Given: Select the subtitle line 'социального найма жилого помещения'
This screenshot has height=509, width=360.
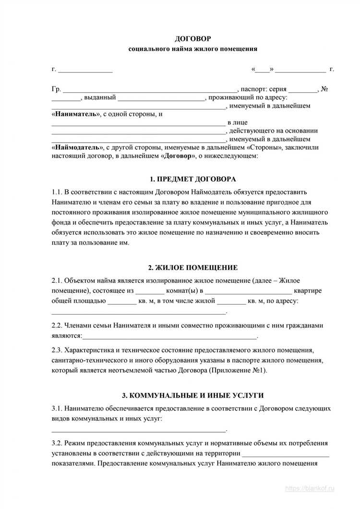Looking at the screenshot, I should click(x=192, y=48).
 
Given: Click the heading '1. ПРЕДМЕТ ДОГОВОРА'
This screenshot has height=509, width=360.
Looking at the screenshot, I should click(x=192, y=179).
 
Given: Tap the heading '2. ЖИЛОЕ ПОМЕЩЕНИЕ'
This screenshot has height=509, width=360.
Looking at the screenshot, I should click(x=192, y=267).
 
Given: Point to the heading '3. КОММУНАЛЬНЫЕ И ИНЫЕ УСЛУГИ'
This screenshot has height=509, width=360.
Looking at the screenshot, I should click(x=192, y=395).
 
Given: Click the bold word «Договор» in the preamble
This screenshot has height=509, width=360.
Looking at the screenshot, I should click(x=180, y=156).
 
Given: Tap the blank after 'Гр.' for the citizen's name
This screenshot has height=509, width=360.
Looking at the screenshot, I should click(x=150, y=90).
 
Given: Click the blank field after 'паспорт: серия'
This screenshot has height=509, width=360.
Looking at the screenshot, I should click(x=303, y=90).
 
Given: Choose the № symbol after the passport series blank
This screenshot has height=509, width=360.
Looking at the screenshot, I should click(x=324, y=89).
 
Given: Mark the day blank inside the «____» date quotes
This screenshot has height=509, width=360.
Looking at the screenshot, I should click(x=262, y=70).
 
